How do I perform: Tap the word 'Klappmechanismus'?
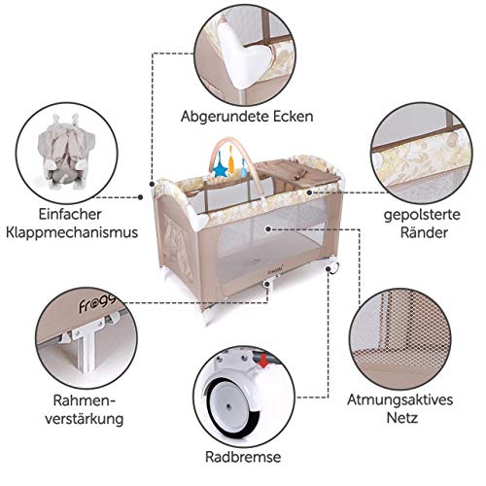tap(68, 232)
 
